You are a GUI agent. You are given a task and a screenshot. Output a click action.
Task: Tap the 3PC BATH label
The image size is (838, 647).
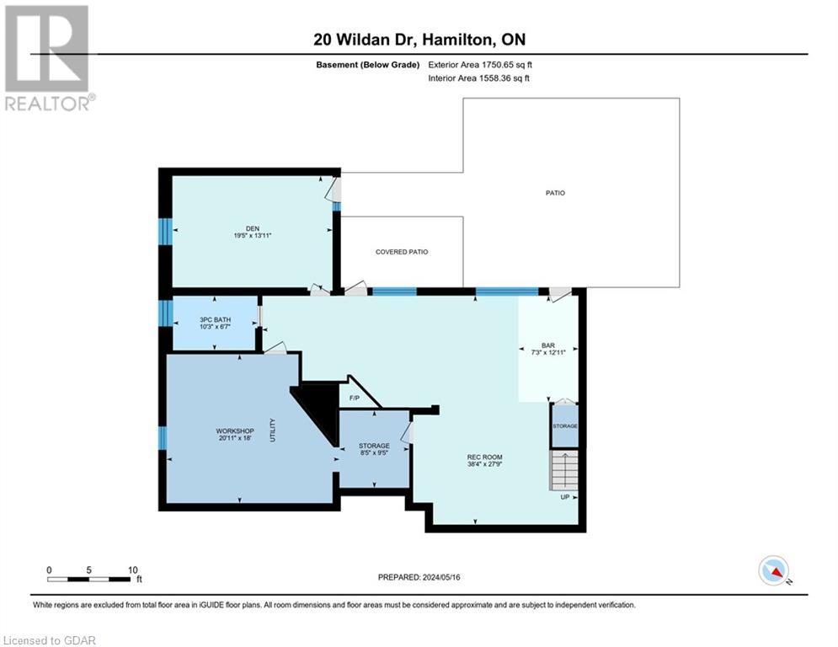(x=215, y=319)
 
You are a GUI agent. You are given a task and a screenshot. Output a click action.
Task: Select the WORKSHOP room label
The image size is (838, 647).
(x=234, y=430)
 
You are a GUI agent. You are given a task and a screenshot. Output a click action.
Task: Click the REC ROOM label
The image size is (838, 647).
(x=485, y=457)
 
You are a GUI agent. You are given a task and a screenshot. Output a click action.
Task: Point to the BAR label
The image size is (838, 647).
(x=547, y=346)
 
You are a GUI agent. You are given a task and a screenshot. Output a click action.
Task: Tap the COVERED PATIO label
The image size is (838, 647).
(x=402, y=252)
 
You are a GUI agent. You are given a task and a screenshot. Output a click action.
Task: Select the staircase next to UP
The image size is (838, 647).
(x=564, y=470)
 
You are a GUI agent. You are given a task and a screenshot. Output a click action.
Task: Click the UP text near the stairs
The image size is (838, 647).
(x=564, y=496)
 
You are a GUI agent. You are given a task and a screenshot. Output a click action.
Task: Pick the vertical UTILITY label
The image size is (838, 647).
(x=273, y=430)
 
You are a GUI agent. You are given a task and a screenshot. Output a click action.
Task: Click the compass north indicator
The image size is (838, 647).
(x=772, y=571)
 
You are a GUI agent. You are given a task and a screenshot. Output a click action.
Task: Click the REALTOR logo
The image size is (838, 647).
(x=47, y=57)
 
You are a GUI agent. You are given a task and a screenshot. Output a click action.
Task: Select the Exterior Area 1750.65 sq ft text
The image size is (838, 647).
(x=479, y=64)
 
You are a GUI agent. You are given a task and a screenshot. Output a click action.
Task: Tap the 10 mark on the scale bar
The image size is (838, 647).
(x=132, y=569)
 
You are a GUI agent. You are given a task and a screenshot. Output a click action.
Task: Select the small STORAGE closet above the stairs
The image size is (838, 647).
(x=564, y=426)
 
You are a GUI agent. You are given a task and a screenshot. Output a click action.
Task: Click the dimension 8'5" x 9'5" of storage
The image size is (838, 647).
(x=373, y=452)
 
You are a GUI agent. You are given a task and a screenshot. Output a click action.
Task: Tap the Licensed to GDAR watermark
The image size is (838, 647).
(x=49, y=640)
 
